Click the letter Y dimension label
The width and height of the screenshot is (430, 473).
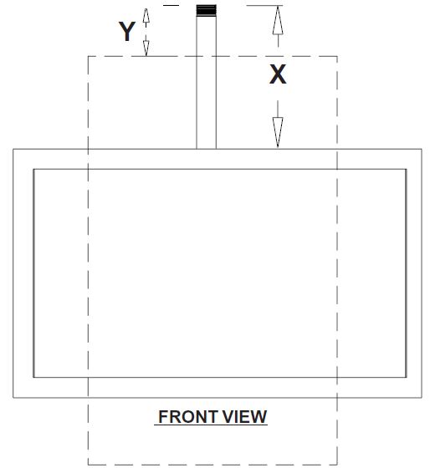point(127,31)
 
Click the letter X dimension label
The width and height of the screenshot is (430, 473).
point(278,74)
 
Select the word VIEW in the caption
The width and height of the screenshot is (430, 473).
point(244,416)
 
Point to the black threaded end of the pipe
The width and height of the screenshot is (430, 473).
point(207,11)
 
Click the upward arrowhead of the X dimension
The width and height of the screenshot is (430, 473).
point(278,20)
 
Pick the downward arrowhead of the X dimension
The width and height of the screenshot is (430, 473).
point(278,132)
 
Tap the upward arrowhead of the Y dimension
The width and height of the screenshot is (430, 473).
point(146,16)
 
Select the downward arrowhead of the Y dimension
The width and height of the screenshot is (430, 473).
point(146,48)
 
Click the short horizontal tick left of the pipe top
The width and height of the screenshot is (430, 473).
point(171,5)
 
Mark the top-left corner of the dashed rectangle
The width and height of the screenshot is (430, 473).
point(88,56)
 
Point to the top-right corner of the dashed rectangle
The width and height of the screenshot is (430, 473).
point(337,56)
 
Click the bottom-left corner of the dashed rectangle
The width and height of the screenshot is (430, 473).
point(88,465)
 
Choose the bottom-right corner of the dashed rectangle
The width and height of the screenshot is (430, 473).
point(337,465)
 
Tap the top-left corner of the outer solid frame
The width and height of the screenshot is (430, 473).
point(13,149)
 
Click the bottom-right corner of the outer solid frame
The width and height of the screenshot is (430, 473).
point(422,398)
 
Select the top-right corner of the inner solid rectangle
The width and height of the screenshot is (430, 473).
point(406,170)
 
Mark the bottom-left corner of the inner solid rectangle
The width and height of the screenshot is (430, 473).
point(33,377)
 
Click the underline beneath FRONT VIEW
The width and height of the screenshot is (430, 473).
point(211,425)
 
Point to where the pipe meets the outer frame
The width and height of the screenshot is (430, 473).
point(207,149)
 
